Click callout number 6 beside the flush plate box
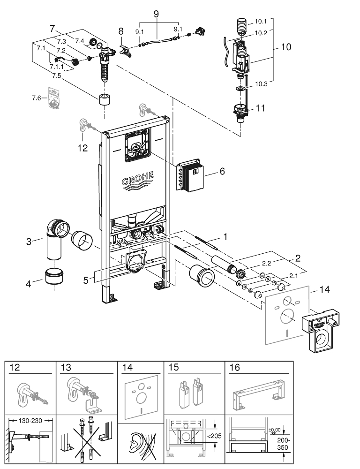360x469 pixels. point(222,172)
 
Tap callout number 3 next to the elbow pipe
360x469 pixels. point(29,242)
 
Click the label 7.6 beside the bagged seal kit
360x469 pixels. point(37,98)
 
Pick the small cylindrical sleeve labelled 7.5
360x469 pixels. point(105,100)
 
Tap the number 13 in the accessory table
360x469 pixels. point(66,367)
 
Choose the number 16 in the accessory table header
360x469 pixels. point(234,367)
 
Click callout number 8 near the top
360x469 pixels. point(120,32)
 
